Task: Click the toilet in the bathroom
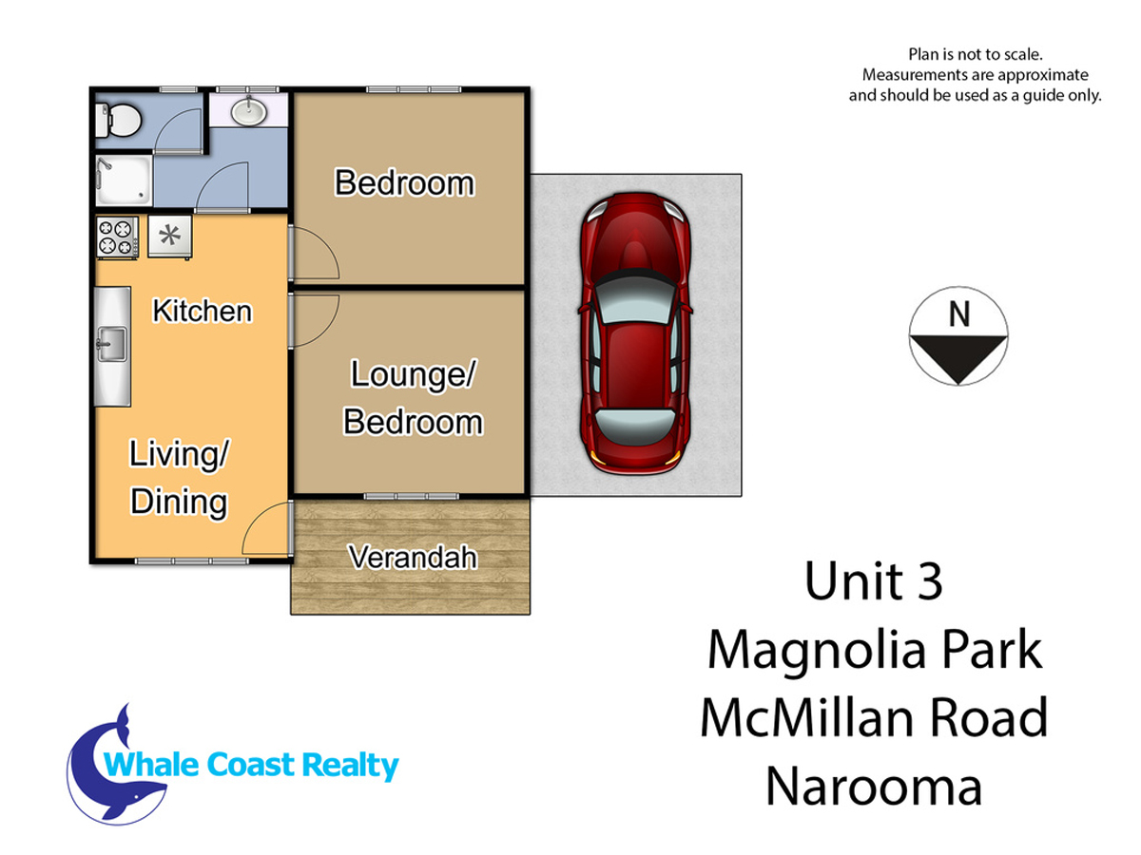point(118,121)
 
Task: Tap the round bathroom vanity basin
point(248,111)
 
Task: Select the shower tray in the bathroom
point(125,180)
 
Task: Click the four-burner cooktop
point(118,237)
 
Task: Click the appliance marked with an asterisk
point(170,237)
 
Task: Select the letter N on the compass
point(959,314)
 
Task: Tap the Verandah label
point(413,557)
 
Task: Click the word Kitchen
point(203,311)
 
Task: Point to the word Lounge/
point(414,374)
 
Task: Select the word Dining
point(179,502)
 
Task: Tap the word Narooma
point(874,787)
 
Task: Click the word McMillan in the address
point(806,718)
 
